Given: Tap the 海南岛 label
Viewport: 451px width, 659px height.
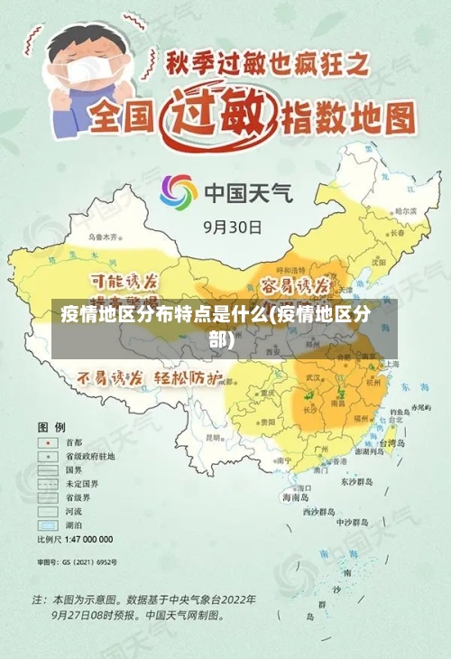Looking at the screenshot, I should (x=296, y=497).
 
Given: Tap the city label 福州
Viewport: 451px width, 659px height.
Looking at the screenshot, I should (x=363, y=419).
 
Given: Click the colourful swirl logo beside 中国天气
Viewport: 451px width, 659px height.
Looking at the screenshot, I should (x=179, y=192).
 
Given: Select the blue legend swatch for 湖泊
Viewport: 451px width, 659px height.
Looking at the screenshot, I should (x=46, y=524).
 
